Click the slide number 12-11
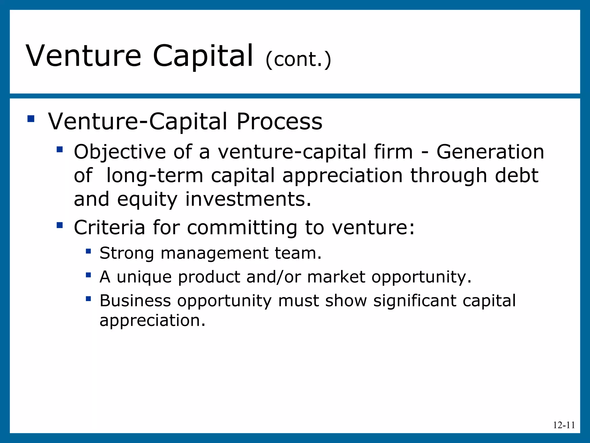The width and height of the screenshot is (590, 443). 564,425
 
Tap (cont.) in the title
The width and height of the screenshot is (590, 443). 298,59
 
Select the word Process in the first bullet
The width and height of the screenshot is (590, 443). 279,121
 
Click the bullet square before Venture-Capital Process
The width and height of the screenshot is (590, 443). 31,119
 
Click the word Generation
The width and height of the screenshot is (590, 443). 490,152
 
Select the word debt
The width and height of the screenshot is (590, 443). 517,175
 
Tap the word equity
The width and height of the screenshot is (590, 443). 147,199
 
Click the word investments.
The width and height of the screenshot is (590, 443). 248,199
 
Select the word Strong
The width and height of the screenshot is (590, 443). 126,253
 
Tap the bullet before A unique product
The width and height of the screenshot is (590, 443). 88,275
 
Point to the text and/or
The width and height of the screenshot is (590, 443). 274,277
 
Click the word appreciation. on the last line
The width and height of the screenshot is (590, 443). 152,320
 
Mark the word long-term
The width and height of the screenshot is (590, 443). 155,175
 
